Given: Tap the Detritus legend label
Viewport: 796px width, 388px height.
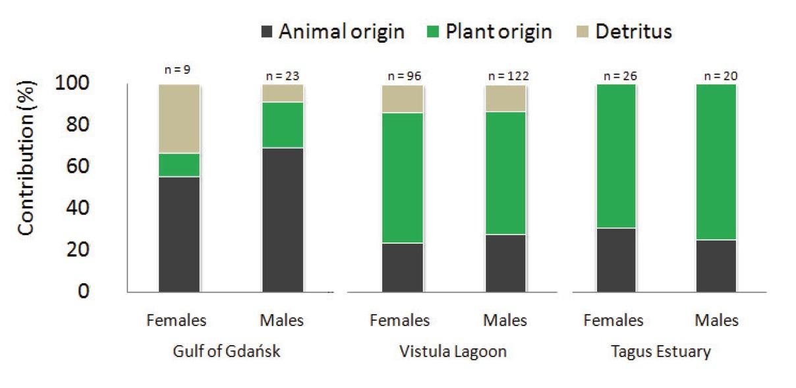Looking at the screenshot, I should point(633,32).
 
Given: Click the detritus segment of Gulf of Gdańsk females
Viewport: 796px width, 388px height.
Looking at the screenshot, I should point(179,119).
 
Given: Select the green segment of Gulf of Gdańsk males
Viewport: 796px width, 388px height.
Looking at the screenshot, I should point(283,125).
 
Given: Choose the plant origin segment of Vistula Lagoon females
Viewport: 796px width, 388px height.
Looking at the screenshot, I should point(403,178).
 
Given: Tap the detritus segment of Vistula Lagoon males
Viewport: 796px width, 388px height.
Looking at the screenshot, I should point(505,98).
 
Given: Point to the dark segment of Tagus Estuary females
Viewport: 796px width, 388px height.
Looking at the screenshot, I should point(615,260).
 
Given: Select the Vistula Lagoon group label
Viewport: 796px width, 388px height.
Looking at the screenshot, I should point(453,351).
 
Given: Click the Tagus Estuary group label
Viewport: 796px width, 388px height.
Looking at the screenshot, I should point(668,351).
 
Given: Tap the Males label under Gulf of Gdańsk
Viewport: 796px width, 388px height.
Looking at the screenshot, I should point(282,321).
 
